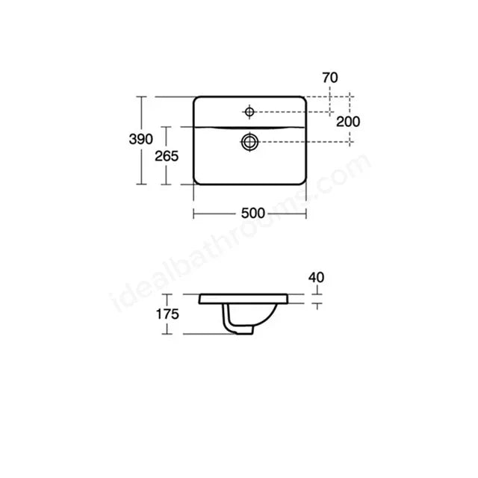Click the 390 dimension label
pos(140,139)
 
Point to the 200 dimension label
pos(347,122)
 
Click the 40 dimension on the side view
pos(317,278)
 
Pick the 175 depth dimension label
pos(167,314)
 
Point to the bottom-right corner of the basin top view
pos(303,183)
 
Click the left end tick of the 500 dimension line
pos(194,214)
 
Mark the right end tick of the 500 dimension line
pos(306,214)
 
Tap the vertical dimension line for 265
pos(166,176)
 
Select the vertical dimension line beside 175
pos(183,314)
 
